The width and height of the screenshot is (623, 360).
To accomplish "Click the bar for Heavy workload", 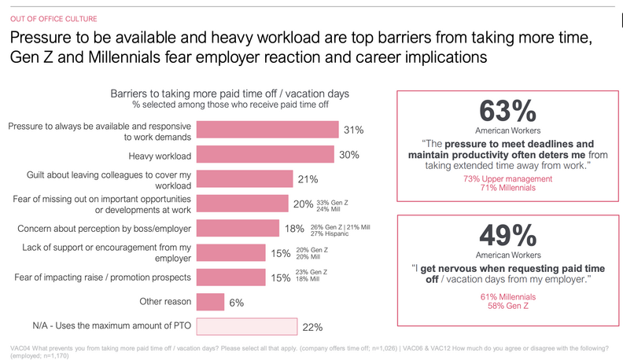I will (x=264, y=155).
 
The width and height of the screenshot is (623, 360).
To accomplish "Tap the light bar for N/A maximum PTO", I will (x=245, y=325).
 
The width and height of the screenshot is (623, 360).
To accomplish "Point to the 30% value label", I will (x=348, y=155).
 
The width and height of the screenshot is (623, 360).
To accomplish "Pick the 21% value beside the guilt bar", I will (x=308, y=179).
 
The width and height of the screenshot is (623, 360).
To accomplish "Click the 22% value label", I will (x=313, y=326).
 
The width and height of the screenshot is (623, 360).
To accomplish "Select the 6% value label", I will (x=236, y=302).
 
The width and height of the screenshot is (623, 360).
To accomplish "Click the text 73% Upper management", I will (x=509, y=179).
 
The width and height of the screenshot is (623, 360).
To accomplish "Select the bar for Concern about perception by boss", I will (x=237, y=228).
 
